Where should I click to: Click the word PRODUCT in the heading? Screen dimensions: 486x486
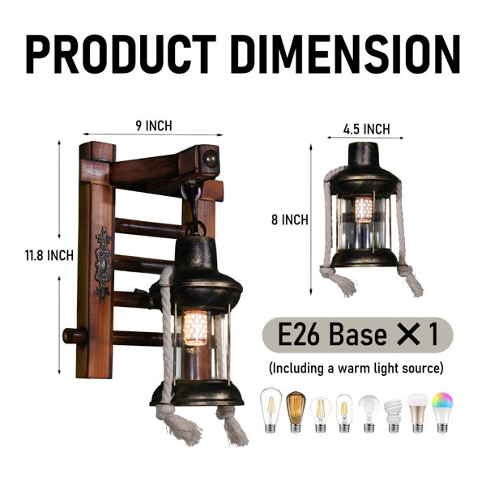point(121,54)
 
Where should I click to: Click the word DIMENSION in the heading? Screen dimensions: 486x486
point(345,54)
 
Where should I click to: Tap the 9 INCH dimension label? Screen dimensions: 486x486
point(154,126)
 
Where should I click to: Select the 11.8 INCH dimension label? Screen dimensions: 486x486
point(49,256)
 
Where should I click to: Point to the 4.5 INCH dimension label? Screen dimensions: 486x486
point(366,129)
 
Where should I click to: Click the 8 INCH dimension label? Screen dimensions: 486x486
point(290,220)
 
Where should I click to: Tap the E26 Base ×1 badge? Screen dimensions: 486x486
point(358,335)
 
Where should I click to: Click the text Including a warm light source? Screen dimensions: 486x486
point(356,369)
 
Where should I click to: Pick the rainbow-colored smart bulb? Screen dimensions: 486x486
point(442,412)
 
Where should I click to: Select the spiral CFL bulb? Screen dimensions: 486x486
point(393,416)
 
